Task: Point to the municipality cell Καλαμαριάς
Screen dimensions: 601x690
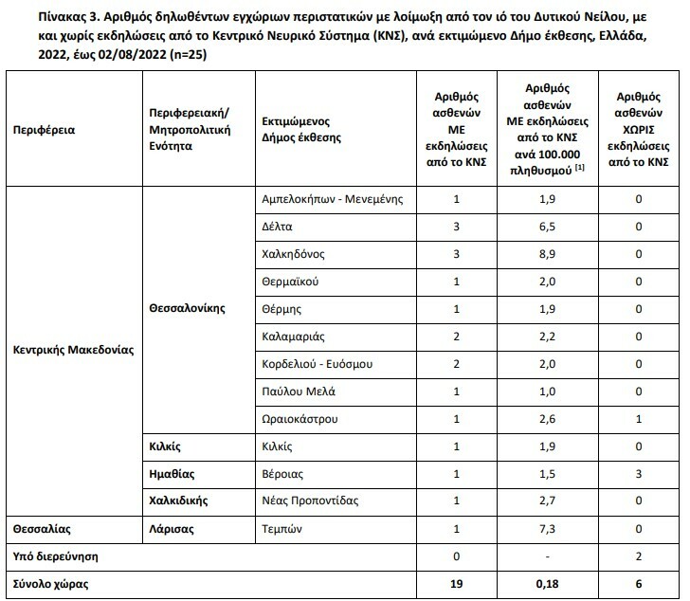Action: tap(295, 337)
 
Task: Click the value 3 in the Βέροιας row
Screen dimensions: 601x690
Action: tap(639, 473)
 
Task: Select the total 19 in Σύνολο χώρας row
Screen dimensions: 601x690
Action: tap(458, 583)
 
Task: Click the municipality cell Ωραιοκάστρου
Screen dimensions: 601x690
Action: tap(300, 419)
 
